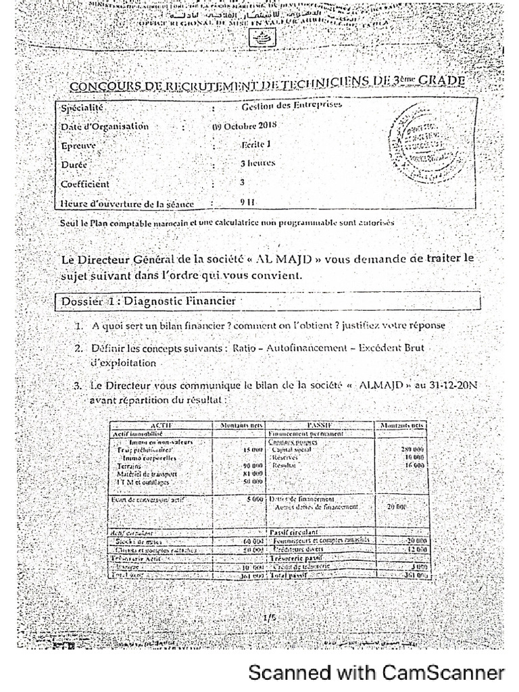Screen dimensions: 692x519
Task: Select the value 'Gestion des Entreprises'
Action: click(292, 105)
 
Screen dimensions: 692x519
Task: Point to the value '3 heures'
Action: click(257, 163)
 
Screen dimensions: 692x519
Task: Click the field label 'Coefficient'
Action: click(84, 183)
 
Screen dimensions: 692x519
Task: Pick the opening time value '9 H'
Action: click(247, 201)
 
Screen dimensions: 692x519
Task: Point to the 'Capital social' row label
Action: click(291, 449)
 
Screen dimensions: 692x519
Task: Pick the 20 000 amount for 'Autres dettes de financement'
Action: click(397, 506)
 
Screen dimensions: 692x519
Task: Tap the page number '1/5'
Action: click(268, 617)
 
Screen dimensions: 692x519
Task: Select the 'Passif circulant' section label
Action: click(293, 533)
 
